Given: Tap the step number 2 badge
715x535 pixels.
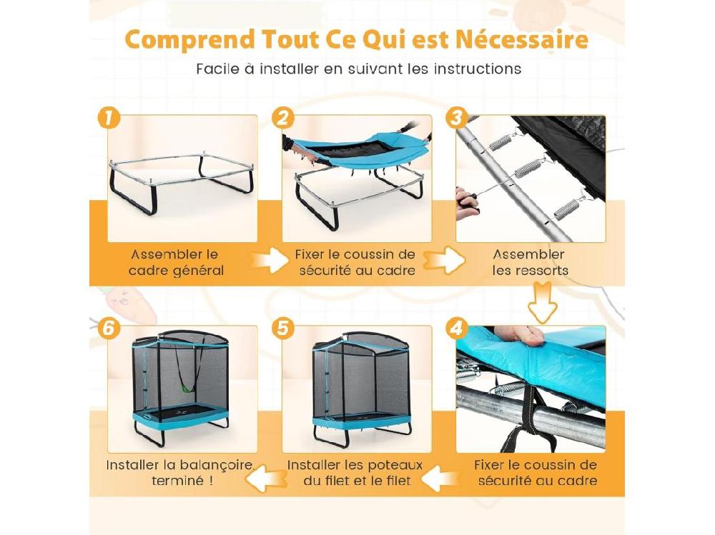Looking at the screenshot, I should (284, 117).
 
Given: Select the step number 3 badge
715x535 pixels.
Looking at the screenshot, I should (457, 116).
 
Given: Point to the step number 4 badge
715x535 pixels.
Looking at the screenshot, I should (457, 328).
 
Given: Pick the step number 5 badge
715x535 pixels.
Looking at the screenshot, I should (284, 328).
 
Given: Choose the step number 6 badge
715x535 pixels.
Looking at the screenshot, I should (108, 328).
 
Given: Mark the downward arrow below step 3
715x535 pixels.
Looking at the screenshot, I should (543, 302).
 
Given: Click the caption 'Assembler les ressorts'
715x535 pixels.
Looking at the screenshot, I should (530, 262).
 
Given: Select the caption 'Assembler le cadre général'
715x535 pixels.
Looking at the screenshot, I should (175, 262).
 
